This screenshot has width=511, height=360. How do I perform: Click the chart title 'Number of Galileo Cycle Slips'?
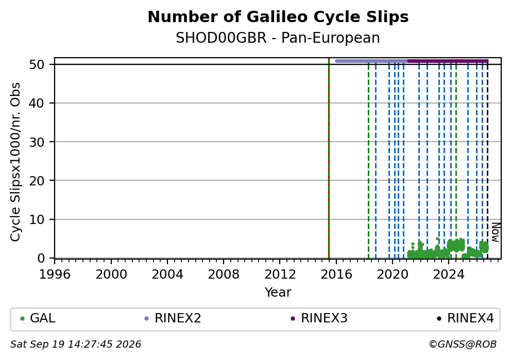(x=278, y=17)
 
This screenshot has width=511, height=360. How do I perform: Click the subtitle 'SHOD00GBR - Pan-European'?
(x=278, y=38)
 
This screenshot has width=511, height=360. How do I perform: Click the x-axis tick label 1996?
(x=55, y=275)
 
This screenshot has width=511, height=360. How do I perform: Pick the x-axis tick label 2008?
(x=224, y=275)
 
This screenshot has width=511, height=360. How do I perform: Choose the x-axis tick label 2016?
(x=336, y=275)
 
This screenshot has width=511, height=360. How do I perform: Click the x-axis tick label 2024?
(x=449, y=275)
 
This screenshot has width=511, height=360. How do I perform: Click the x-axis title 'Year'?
(x=278, y=292)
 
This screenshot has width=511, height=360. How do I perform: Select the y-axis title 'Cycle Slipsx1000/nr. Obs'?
(x=15, y=162)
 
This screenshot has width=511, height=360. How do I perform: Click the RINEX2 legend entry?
(x=173, y=318)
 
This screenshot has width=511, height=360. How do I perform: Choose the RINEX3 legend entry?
(x=319, y=318)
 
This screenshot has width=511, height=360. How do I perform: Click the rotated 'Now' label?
(x=496, y=232)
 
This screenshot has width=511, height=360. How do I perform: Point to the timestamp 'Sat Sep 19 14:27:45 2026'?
(x=76, y=345)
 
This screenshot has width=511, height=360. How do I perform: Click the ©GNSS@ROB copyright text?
(x=463, y=345)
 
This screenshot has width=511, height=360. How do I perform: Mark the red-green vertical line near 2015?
(x=329, y=158)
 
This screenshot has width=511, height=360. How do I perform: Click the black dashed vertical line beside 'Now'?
(x=487, y=160)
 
